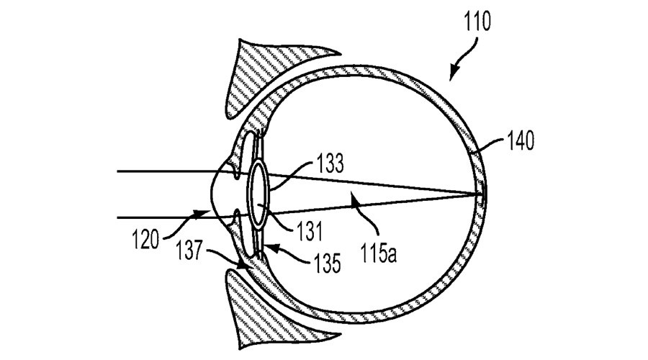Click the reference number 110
(477, 22)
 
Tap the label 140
(521, 141)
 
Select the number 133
(330, 163)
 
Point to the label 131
(310, 230)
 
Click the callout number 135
(327, 263)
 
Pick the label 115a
(379, 253)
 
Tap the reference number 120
(145, 239)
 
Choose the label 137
(189, 251)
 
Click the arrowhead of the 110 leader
(454, 75)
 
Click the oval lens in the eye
(258, 194)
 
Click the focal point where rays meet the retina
(482, 194)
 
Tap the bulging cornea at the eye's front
(212, 194)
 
